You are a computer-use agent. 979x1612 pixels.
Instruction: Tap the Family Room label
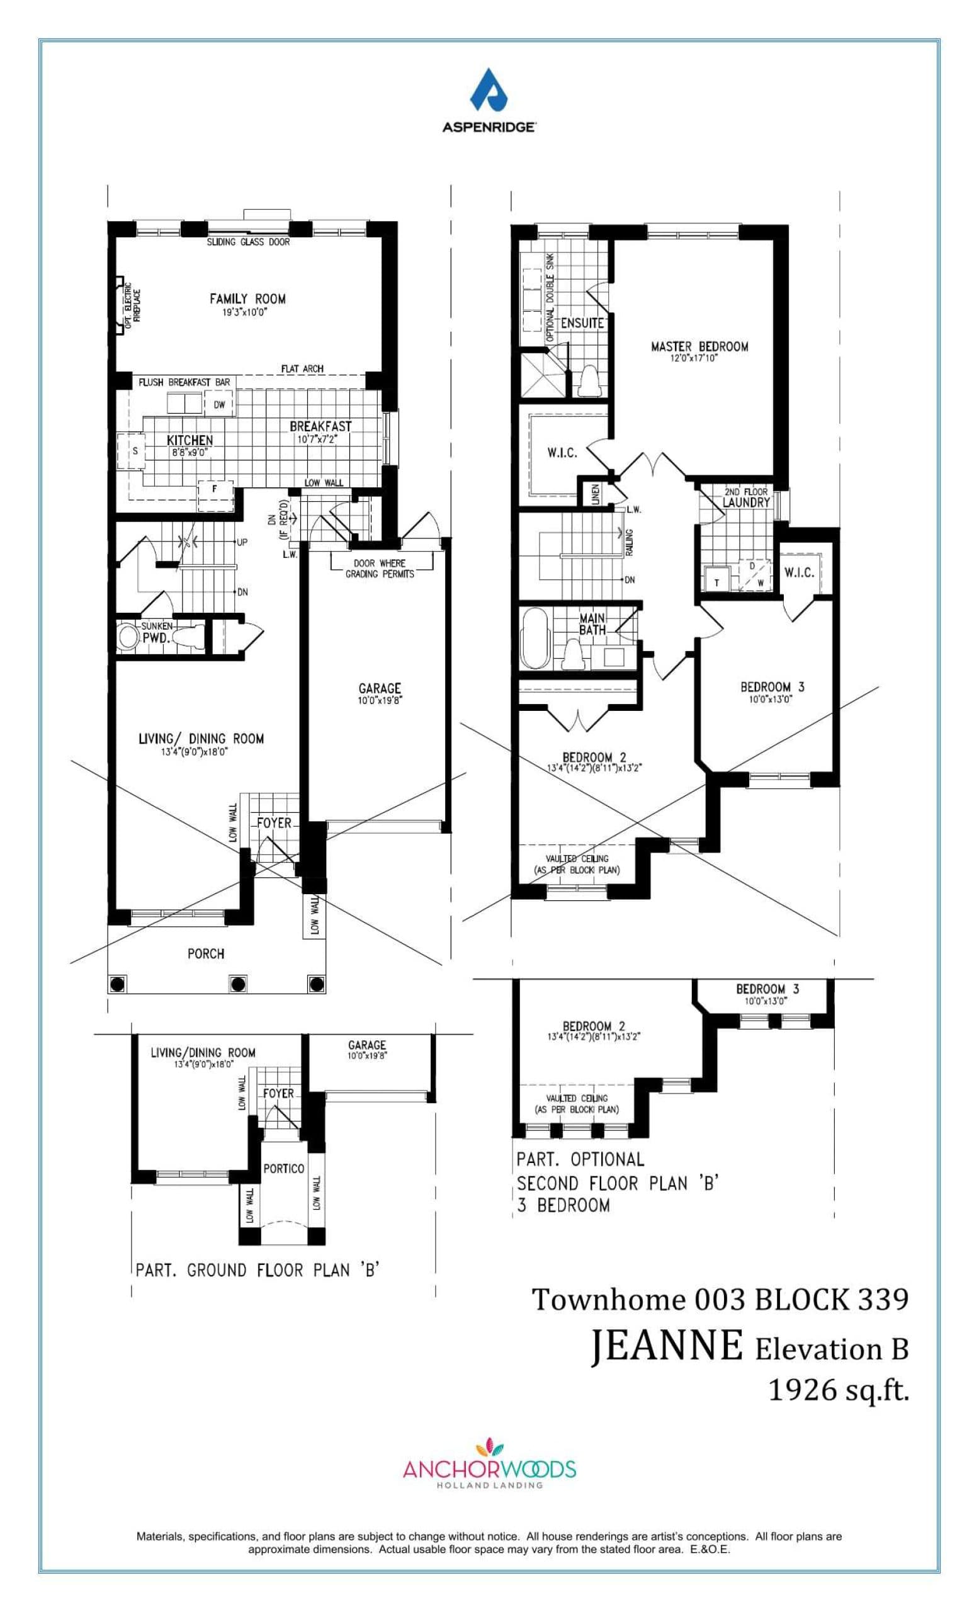[247, 299]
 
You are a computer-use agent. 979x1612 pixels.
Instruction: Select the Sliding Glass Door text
[248, 242]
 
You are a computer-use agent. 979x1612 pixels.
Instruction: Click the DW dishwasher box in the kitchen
[219, 404]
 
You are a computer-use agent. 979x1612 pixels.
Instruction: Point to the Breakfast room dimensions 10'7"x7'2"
[320, 440]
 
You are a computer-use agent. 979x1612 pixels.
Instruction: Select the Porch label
[206, 953]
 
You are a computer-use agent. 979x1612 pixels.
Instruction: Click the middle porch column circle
[237, 984]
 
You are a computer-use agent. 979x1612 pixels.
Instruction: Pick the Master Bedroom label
[699, 347]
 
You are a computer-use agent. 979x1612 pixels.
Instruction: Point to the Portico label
[284, 1169]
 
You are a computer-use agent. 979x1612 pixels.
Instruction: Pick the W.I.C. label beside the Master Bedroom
[562, 453]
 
